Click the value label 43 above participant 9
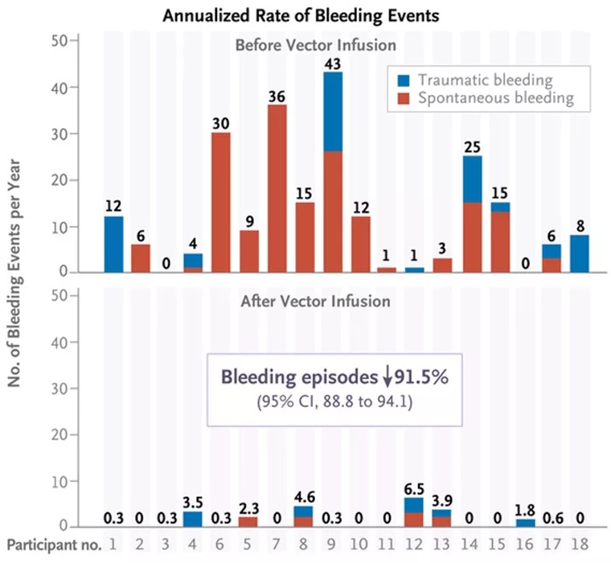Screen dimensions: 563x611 (x=355, y=64)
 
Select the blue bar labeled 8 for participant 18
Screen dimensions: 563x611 (x=579, y=253)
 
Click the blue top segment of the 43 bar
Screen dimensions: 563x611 (x=355, y=111)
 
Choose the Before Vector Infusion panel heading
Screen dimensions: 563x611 (x=305, y=45)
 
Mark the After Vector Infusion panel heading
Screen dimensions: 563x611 (x=305, y=302)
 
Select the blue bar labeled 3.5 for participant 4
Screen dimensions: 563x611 (x=192, y=519)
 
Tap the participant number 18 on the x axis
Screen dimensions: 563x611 (x=579, y=545)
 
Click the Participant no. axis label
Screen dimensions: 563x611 (x=54, y=545)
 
